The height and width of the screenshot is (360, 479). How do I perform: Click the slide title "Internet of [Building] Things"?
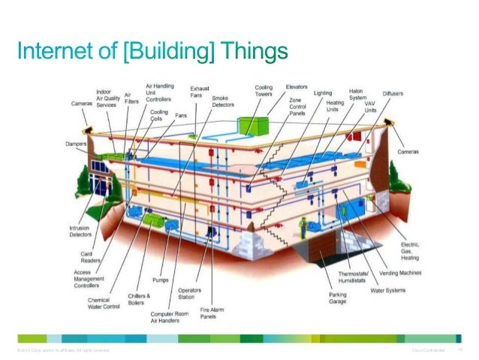tap(153, 52)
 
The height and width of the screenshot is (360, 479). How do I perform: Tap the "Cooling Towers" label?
tap(263, 91)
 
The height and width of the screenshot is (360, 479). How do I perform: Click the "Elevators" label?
tap(297, 87)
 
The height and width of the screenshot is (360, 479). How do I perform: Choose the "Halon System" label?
tap(357, 95)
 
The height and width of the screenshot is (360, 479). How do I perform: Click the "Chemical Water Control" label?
tap(103, 303)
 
